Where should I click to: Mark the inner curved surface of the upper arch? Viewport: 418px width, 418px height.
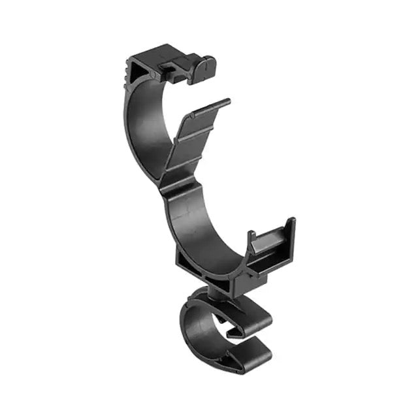pos(147,124)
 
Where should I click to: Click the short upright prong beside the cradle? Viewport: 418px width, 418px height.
pos(251,240)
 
